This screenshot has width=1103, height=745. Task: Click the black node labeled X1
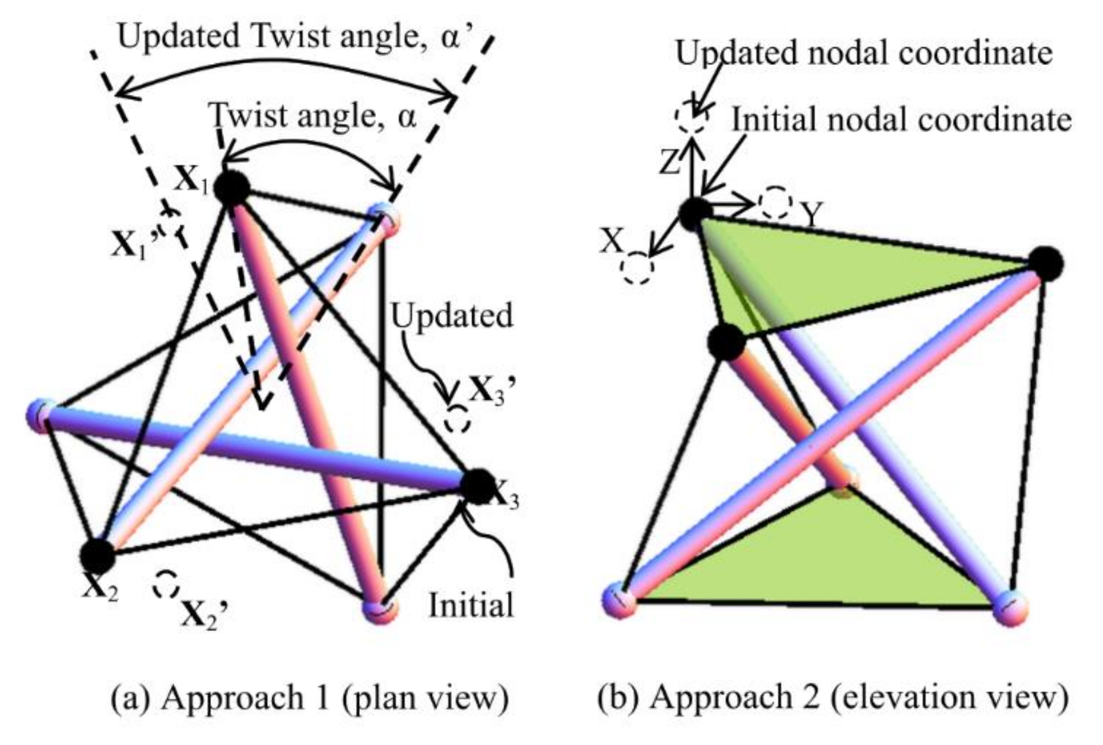(x=231, y=188)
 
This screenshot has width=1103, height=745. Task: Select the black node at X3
(x=477, y=486)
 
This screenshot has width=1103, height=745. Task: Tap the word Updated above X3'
(x=452, y=316)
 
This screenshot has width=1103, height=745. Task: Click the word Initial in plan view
(x=471, y=605)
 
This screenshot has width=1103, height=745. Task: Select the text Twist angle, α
(x=313, y=117)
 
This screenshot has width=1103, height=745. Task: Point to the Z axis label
(x=670, y=162)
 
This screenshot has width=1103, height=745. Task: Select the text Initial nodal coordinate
(x=901, y=120)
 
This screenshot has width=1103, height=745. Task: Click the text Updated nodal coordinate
(x=864, y=53)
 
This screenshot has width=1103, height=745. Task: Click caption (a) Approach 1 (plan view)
(x=309, y=698)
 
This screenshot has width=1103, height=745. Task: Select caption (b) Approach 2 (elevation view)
(x=833, y=698)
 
